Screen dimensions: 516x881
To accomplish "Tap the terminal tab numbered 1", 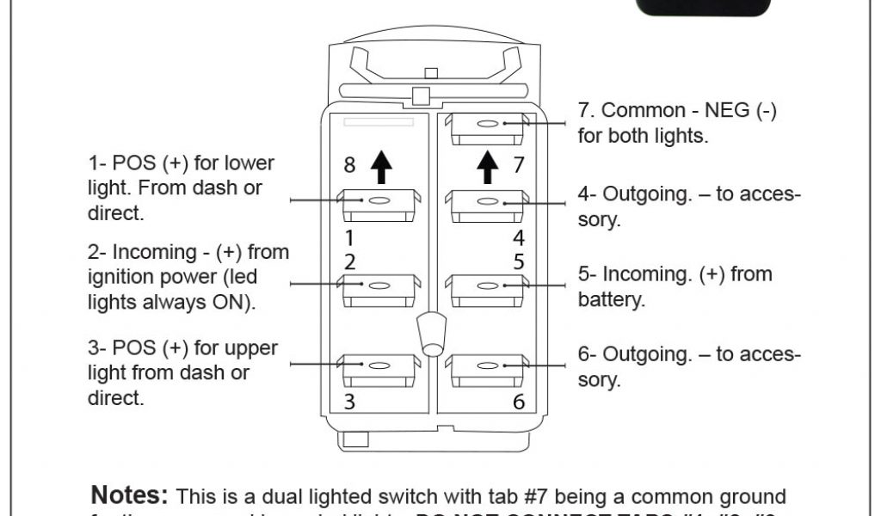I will [x=379, y=205].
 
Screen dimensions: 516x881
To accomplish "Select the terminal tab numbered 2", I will [x=379, y=288].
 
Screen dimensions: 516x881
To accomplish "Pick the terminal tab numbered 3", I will [x=379, y=368].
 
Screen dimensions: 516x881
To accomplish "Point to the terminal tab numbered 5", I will [x=487, y=289].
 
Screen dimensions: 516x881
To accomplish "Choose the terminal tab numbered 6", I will [x=487, y=368].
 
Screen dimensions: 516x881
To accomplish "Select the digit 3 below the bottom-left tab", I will [x=349, y=402].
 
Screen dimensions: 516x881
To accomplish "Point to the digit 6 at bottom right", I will [x=518, y=402].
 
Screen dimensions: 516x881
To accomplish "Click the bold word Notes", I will [x=130, y=496].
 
